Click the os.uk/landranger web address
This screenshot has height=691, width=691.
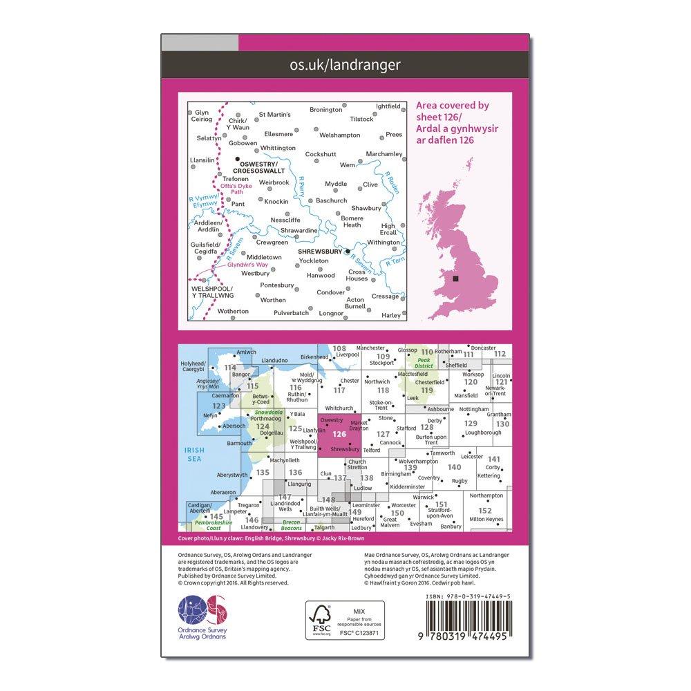345,65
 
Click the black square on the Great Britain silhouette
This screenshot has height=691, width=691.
455,278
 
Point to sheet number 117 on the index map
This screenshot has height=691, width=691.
339,390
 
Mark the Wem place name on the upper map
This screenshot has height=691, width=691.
347,165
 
